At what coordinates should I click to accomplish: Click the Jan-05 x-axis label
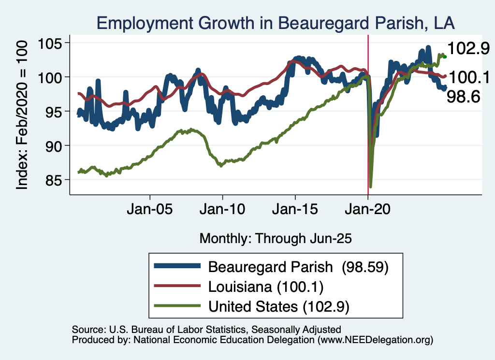coord(150,211)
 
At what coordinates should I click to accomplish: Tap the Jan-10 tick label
coord(222,211)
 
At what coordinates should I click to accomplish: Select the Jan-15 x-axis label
coord(295,211)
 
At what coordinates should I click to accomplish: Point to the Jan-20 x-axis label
coord(368,211)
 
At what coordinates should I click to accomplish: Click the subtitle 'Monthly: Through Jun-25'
coord(275,238)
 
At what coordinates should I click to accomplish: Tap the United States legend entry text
coord(279,306)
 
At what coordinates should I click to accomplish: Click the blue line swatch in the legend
coord(177,267)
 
